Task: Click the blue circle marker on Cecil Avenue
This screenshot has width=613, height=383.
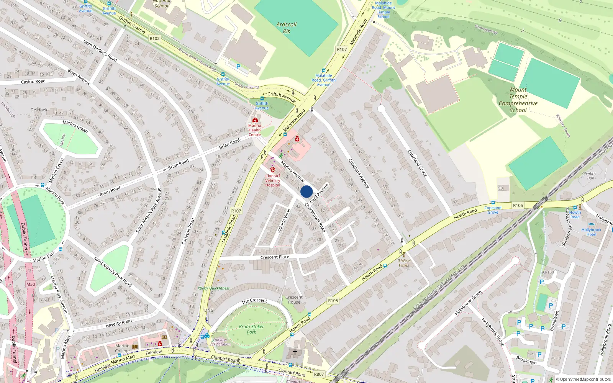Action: (306, 191)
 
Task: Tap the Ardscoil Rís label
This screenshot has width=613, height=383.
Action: (287, 28)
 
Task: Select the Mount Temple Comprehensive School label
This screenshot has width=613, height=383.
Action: (518, 100)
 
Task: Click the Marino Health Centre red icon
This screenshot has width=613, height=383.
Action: (255, 120)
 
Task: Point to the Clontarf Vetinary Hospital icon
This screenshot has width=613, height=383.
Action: (273, 170)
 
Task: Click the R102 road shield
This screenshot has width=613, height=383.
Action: (155, 38)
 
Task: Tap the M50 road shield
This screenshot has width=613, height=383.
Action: (31, 284)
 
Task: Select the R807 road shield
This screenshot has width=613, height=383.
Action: (319, 374)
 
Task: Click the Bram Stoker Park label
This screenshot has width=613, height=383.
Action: (251, 329)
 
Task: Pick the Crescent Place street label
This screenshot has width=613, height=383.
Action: (275, 257)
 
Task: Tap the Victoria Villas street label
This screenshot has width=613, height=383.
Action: (284, 221)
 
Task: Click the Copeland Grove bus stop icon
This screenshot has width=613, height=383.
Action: (493, 203)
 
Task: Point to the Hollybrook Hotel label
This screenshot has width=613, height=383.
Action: (591, 232)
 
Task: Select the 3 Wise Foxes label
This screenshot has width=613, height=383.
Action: (404, 263)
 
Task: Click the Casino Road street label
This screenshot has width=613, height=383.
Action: (33, 82)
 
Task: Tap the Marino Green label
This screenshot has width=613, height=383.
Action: (75, 126)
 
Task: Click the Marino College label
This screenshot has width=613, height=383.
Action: (123, 348)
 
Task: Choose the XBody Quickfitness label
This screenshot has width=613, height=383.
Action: (214, 288)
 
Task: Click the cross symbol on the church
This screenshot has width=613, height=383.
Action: (295, 352)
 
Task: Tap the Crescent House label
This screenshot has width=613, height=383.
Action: (294, 300)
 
